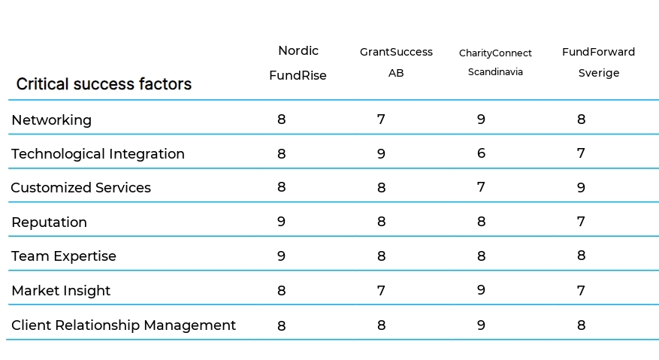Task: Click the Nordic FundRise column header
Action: pos(298,63)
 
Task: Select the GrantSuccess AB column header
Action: pos(396,62)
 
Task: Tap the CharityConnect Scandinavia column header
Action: pos(495,62)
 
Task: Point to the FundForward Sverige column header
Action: pos(598,62)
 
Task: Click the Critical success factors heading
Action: pos(104,84)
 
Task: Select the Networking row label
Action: pos(51,120)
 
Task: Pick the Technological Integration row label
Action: pos(98,154)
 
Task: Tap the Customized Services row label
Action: pos(80,188)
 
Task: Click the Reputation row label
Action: pos(49,222)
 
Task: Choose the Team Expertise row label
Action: pos(64,256)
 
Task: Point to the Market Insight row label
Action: pos(61,291)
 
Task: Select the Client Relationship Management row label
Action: pos(123,325)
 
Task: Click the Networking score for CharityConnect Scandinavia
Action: pos(481,119)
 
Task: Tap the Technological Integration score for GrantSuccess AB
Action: pos(381,154)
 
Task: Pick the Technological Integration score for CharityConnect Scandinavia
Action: pos(481,153)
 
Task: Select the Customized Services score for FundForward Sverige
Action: pos(581,188)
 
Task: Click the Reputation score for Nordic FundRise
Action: pos(281,222)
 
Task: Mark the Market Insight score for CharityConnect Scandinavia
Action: pos(481,290)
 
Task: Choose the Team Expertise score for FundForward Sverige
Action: pos(581,256)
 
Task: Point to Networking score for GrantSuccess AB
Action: pos(381,119)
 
